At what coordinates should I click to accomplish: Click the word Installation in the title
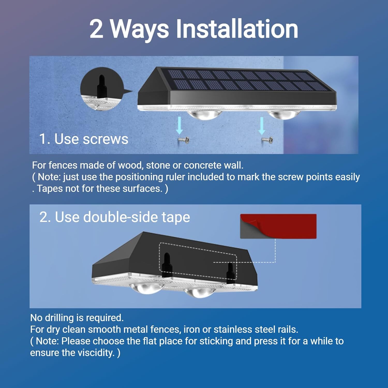coord(237,29)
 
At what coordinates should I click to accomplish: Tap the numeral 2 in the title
coord(96,29)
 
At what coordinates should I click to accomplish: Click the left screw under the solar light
coord(184,140)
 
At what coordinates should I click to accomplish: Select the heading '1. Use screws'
coord(84,139)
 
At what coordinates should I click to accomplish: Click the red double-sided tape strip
coord(285,226)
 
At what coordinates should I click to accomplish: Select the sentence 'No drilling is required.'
coord(77,318)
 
